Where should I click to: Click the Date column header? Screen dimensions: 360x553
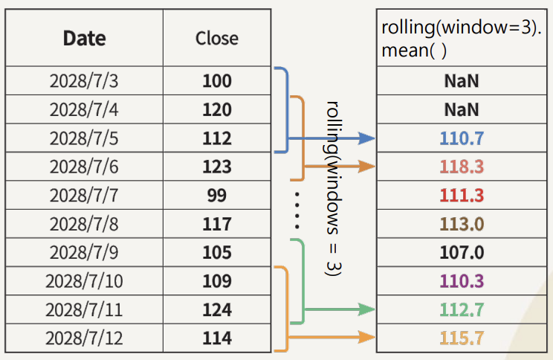coord(84,38)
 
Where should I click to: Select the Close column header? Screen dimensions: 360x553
coord(217,38)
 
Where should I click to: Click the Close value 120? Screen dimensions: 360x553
coord(217,110)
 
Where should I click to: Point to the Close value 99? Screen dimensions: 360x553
coord(217,196)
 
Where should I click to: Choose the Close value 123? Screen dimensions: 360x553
coord(217,167)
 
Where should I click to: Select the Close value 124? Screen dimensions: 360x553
coord(217,309)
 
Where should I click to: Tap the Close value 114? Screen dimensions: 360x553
coord(217,338)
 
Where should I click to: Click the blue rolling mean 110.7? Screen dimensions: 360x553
coord(462,138)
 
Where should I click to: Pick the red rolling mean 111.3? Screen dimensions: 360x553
coord(462,196)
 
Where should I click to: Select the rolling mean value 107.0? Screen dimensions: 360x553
coord(462,253)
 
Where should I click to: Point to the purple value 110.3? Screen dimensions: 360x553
coord(462,281)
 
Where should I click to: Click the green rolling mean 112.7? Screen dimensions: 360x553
coord(462,309)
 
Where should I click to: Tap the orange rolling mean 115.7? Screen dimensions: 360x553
coord(462,338)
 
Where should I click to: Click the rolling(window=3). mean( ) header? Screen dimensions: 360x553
coord(461,39)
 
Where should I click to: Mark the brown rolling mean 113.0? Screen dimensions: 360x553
coord(462,224)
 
